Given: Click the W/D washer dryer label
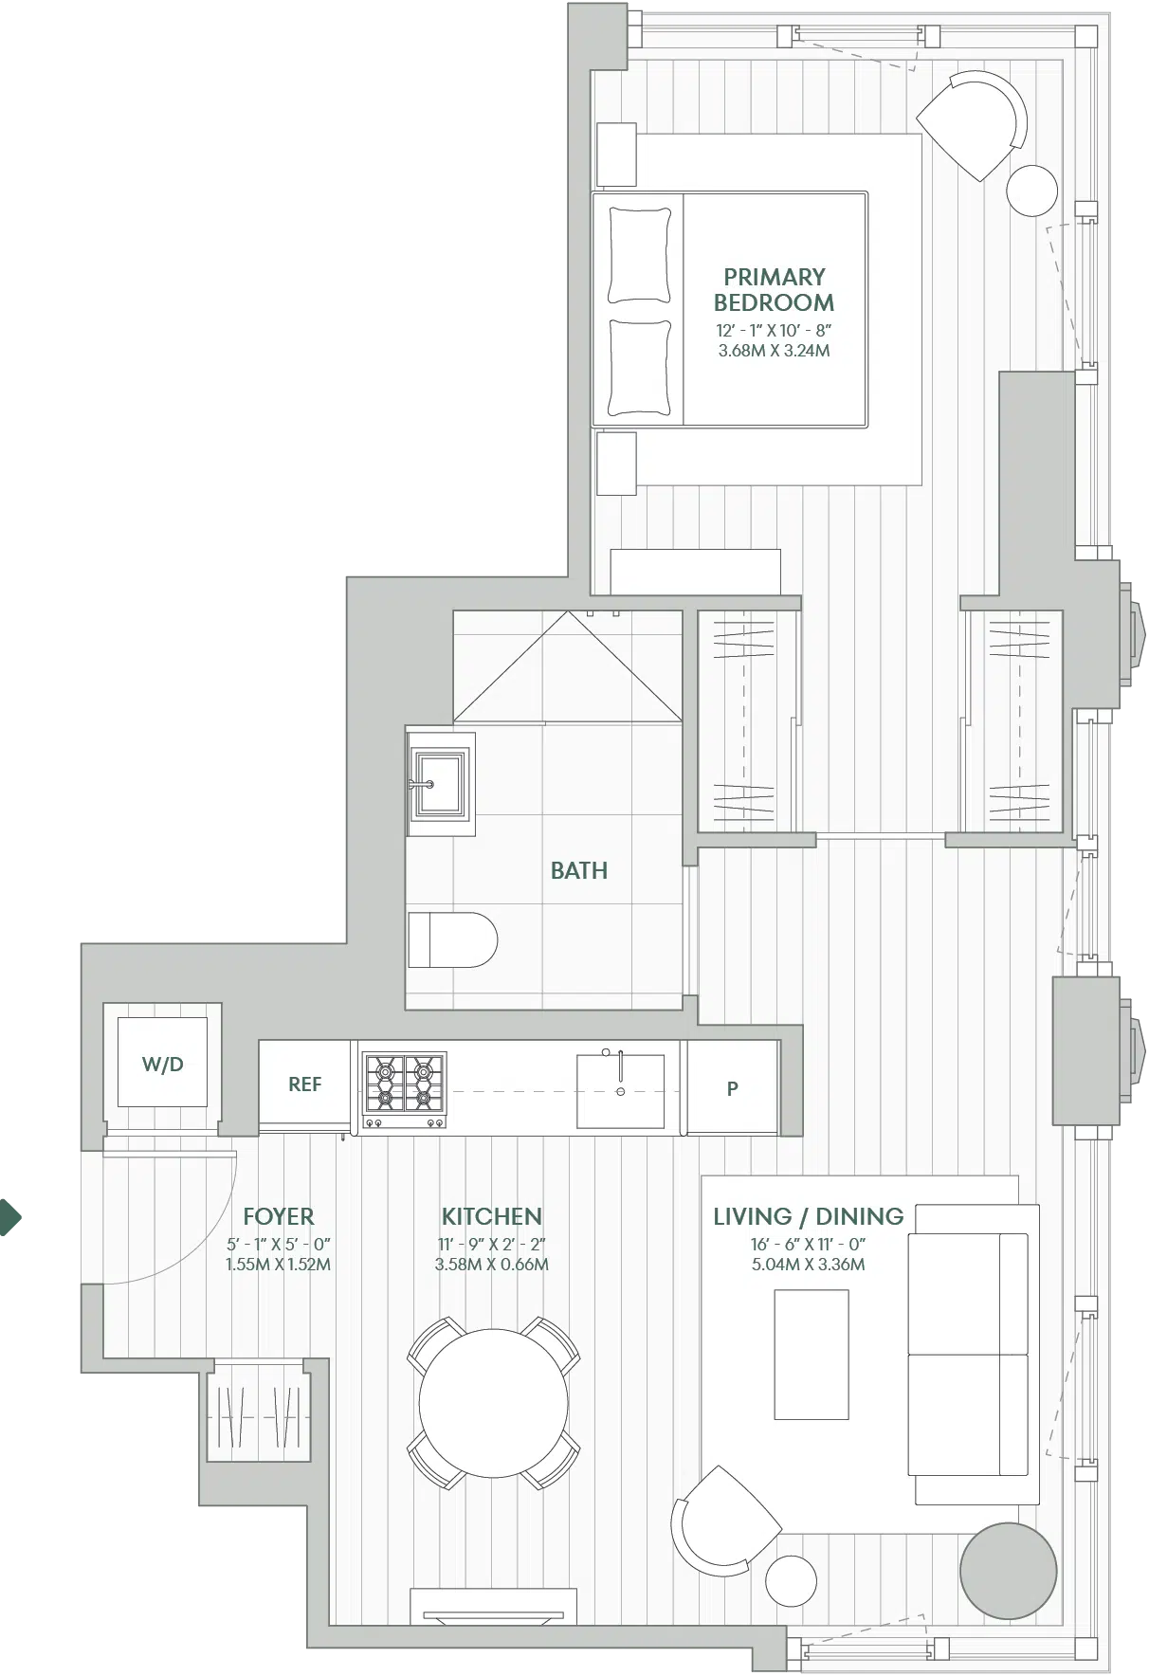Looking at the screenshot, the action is [162, 1065].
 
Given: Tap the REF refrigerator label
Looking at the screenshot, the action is [304, 1084].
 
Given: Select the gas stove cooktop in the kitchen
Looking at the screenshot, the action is [405, 1090].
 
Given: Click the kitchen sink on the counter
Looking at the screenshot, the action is [621, 1090].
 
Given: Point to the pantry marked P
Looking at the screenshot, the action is [732, 1088].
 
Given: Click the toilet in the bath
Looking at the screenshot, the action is [452, 939].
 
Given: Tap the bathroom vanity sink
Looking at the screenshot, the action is [440, 783].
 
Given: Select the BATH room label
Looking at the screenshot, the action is [579, 870].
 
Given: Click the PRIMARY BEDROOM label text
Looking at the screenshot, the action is [775, 290].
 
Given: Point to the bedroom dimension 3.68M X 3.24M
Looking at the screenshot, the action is [775, 350].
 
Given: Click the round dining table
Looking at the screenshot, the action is [494, 1404].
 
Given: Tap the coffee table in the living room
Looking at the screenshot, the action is [812, 1355].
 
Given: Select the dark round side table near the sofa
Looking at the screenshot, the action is [1008, 1571].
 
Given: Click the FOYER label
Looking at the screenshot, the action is [279, 1216].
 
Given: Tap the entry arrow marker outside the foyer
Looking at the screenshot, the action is [9, 1217].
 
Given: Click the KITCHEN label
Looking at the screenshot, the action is [492, 1216].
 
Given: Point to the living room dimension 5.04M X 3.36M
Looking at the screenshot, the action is [809, 1264].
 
